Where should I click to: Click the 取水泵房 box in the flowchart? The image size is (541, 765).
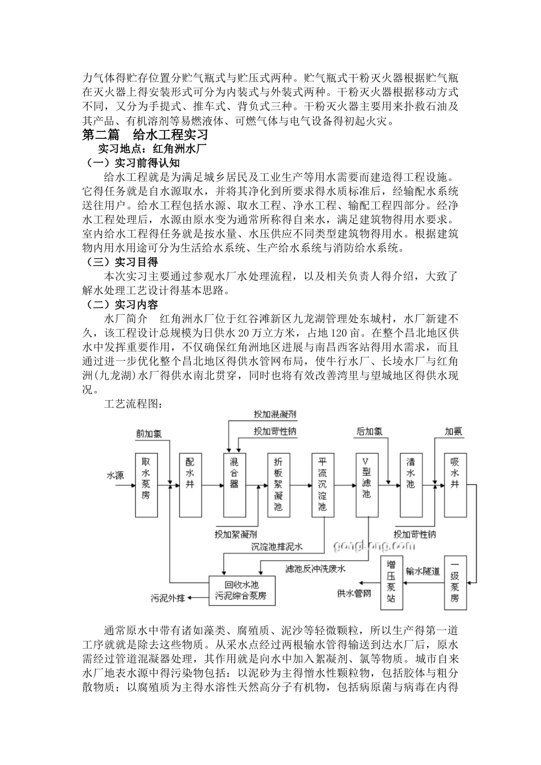click(x=146, y=484)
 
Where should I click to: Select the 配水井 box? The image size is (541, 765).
click(x=190, y=484)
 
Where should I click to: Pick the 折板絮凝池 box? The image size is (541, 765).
click(x=278, y=484)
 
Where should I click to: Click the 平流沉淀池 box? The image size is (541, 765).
click(x=323, y=484)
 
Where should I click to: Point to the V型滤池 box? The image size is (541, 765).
click(x=367, y=484)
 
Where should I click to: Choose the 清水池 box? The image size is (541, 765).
click(x=411, y=484)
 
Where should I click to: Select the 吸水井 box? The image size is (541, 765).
click(x=455, y=484)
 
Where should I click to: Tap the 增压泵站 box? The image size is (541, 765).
click(x=391, y=582)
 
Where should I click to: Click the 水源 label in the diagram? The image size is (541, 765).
click(x=115, y=475)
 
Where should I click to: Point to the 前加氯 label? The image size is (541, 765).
click(x=149, y=433)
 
